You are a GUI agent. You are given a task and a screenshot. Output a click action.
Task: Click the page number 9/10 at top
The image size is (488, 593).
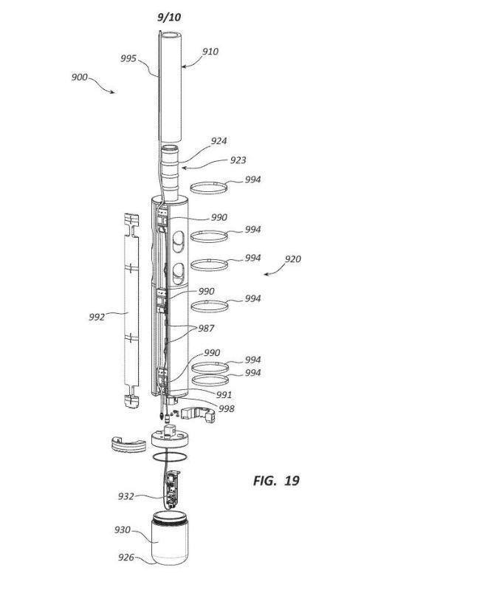point(169,17)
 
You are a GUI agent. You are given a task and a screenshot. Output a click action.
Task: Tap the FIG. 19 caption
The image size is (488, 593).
point(276,481)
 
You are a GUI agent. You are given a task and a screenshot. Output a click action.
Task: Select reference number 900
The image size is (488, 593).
point(80,77)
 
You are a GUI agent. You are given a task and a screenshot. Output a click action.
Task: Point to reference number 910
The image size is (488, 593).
point(210,52)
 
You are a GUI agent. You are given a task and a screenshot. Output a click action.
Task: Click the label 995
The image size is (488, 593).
point(128,58)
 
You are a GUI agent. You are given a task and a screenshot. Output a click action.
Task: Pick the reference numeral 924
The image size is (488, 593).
point(219,141)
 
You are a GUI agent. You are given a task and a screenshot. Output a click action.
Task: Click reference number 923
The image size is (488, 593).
point(238,160)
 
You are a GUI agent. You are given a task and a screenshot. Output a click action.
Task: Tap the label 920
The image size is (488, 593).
point(293,259)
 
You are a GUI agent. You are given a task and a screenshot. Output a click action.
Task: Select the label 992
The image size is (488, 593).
point(97,317)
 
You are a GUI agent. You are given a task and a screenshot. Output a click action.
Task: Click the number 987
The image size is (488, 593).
point(207,329)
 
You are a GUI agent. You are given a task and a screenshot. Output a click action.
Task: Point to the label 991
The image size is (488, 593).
point(224,395)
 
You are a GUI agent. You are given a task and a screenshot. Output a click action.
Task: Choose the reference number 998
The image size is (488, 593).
point(227,408)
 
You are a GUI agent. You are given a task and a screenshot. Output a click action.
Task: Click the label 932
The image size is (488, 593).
point(126,496)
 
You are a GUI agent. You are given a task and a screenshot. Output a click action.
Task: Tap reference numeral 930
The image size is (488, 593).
point(123,530)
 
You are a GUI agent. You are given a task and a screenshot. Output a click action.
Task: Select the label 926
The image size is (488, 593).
point(126,558)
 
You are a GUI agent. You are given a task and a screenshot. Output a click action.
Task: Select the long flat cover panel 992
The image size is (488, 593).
point(131,311)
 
